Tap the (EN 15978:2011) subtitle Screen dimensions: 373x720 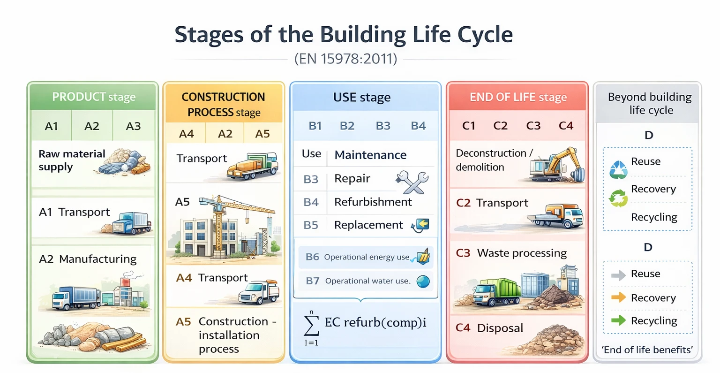point(345,59)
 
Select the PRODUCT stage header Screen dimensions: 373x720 point(94,97)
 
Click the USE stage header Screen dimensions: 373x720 point(361,98)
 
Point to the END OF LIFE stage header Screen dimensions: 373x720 point(518,97)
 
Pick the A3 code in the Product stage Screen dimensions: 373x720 point(133,126)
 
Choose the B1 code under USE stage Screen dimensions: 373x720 point(315,126)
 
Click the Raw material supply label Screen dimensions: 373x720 point(71,160)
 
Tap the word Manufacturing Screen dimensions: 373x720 point(97,259)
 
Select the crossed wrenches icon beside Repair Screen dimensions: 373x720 point(412,182)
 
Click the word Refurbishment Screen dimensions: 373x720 point(373,202)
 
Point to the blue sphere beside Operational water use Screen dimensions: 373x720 point(423,281)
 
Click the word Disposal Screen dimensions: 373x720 point(500,328)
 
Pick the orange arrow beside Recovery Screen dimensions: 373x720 point(618,297)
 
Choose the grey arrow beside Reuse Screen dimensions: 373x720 point(618,275)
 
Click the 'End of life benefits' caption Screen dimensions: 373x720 point(647,350)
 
